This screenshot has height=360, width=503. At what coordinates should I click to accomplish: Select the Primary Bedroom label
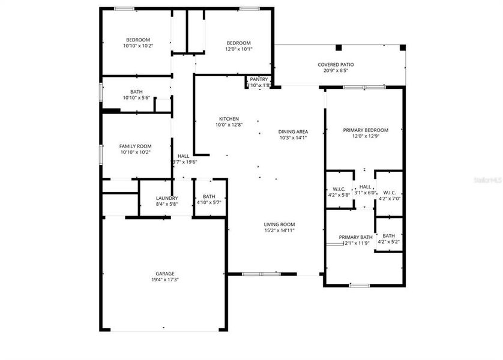(365, 130)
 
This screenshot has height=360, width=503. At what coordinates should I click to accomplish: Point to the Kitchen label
(229, 119)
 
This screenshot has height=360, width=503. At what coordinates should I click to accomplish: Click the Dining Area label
(293, 131)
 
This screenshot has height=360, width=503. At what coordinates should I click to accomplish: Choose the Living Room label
(280, 224)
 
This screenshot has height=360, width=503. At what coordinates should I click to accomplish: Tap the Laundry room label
(166, 198)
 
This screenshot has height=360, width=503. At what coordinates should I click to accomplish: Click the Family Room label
(135, 146)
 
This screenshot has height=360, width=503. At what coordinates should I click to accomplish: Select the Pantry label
(259, 79)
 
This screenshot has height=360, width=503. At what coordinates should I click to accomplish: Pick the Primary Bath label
(355, 237)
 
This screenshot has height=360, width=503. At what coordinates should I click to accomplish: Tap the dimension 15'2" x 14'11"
(280, 230)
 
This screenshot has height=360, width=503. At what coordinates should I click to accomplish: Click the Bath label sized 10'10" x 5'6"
(136, 92)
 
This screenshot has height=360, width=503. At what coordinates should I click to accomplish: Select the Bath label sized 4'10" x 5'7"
(209, 196)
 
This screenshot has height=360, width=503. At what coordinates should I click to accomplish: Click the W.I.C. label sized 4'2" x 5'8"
(340, 193)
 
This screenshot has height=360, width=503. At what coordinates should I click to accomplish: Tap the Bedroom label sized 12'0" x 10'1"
(238, 43)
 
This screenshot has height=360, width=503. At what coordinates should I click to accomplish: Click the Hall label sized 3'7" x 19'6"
(183, 156)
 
